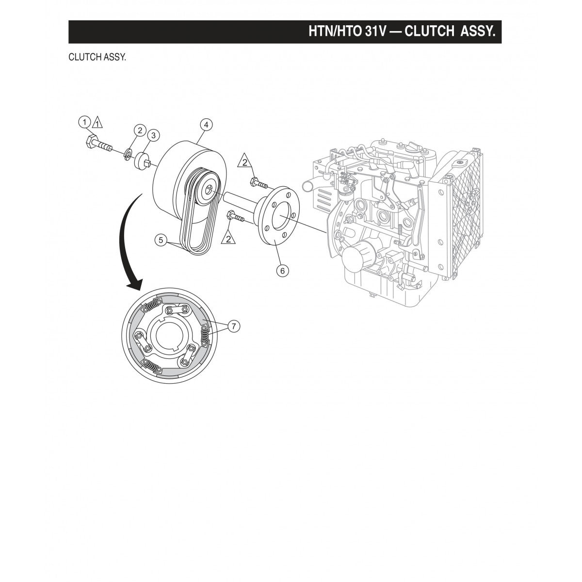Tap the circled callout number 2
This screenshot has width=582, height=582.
tap(140, 129)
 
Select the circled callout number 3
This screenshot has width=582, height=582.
tap(153, 135)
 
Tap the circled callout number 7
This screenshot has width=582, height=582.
tap(233, 326)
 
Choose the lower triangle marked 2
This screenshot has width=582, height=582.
tap(228, 238)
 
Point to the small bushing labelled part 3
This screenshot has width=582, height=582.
tap(142, 159)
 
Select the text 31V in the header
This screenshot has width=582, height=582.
tap(373, 32)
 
